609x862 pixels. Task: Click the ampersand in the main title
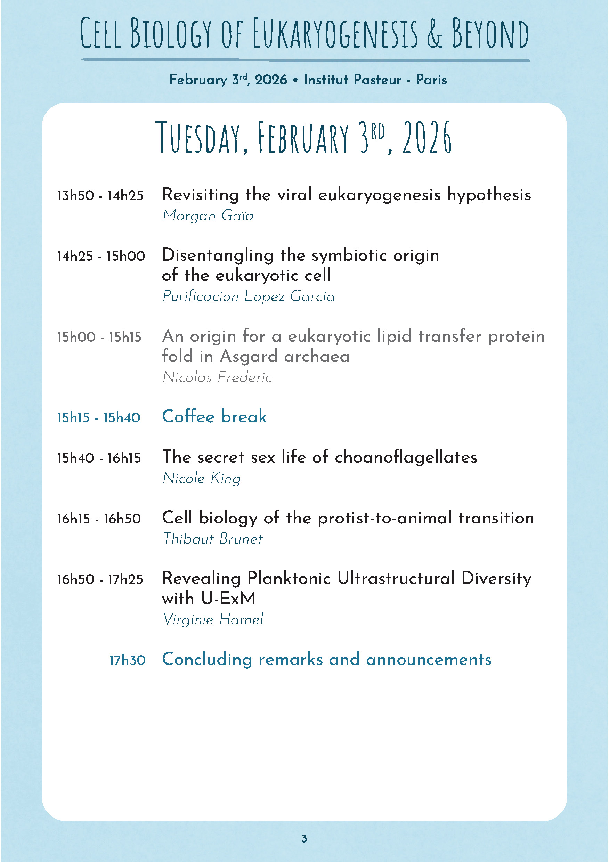pos(435,34)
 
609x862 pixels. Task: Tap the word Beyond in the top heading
pos(490,34)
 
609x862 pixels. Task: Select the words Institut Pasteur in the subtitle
pos(352,80)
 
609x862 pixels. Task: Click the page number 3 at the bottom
pos(304,838)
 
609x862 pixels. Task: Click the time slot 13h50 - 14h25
pos(100,196)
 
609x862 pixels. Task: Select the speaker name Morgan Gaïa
pos(208,215)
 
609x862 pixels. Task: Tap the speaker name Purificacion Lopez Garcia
pos(249,296)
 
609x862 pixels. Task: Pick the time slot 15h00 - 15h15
pos(99,337)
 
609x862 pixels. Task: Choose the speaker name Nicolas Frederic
pos(217,377)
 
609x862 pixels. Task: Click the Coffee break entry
pos(214,417)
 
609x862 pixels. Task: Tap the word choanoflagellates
pos(406,457)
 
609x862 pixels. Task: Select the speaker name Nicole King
pos(202,478)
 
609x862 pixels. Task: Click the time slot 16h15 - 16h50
pos(99,519)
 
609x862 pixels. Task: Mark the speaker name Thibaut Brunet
pos(213,539)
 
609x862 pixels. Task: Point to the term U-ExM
pos(228,598)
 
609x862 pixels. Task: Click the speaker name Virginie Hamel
pos(213,619)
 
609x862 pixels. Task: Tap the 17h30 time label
pos(127,660)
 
